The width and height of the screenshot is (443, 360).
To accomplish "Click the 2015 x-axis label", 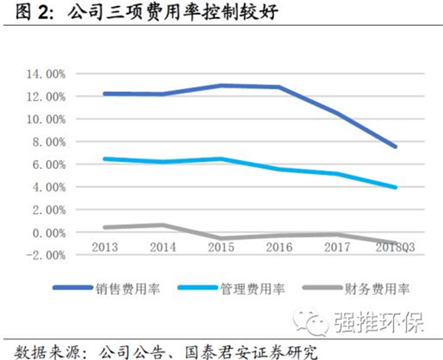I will point(221,246).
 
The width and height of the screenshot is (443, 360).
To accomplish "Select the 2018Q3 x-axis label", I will point(393,246).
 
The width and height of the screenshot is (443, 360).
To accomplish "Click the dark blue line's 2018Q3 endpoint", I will point(396,146).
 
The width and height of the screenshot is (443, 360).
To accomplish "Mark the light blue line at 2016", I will point(279,169).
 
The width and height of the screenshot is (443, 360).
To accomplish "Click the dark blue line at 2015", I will point(221,86).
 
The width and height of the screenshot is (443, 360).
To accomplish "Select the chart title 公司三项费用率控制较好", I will point(159,12).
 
